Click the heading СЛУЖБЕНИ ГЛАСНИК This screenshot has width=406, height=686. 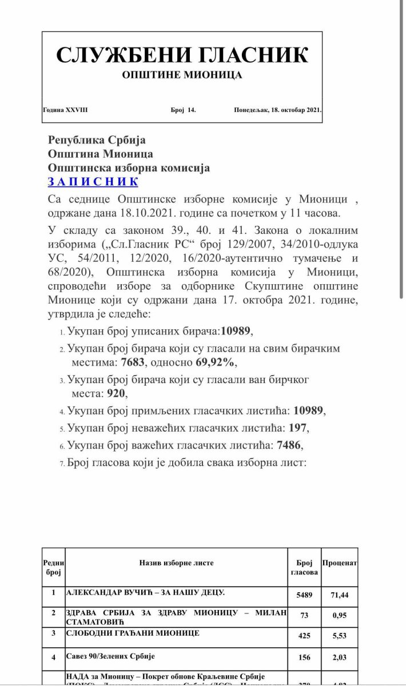pos(182,54)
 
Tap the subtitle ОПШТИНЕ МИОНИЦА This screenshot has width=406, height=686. pos(182,75)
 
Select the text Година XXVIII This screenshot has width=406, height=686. pos(65,109)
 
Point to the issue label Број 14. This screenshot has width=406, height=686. pos(183,109)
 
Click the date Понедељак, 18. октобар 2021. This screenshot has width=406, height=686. pos(277,109)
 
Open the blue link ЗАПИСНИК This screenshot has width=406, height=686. pos(93,182)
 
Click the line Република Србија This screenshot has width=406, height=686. pos(97,140)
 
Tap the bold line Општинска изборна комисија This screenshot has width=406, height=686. pos(129,168)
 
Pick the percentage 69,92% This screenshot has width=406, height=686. pos(214,362)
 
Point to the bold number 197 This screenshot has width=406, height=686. pos(297,427)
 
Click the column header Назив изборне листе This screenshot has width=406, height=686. pos(176,563)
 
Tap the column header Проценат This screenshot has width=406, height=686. pos(340,563)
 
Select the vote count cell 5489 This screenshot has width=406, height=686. pos(304,595)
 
